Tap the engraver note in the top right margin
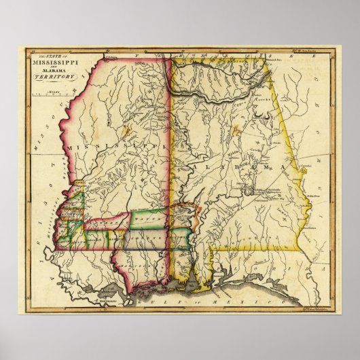[304, 50]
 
